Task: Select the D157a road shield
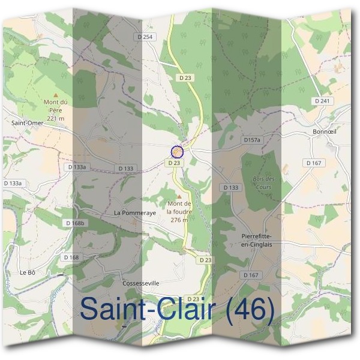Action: click(253, 140)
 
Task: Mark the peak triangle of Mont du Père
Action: click(56, 94)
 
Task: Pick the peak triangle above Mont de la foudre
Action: click(178, 196)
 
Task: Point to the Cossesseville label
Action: click(140, 283)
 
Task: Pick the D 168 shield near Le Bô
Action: click(71, 257)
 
